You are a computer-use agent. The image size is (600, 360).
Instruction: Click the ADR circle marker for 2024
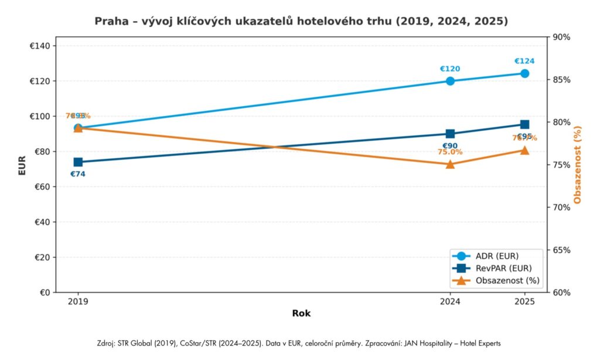[450, 81]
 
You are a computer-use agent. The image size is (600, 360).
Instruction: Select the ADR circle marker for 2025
[524, 73]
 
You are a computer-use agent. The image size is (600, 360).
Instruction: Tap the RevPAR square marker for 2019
[78, 162]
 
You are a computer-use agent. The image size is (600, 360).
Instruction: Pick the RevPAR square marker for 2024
[450, 134]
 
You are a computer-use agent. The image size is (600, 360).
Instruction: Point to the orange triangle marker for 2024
[450, 164]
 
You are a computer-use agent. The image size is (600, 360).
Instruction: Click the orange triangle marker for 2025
[524, 150]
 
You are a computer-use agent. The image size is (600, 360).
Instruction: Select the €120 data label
[450, 69]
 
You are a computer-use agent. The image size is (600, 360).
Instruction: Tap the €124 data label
[524, 61]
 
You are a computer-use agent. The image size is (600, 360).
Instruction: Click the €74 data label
[78, 174]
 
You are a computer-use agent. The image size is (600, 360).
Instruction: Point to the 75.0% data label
[450, 152]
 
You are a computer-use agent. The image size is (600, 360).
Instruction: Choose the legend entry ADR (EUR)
[497, 256]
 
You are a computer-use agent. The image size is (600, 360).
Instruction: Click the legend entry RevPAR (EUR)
[504, 269]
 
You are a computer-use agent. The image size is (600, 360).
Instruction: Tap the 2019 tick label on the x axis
[78, 303]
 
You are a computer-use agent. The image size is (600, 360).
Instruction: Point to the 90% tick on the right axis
[561, 38]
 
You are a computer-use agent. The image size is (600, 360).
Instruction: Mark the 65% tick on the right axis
[561, 250]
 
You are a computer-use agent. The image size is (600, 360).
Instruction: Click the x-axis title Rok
[301, 314]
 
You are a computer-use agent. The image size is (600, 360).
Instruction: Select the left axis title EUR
[22, 165]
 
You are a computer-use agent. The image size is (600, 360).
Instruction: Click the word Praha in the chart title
[109, 21]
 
